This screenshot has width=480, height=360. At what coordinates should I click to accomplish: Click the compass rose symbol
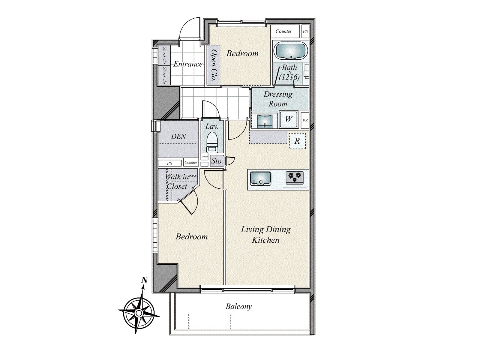pos(139,313)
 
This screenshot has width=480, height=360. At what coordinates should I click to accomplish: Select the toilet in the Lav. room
pos(212,142)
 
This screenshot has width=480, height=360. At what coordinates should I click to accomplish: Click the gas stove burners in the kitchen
pos(294,177)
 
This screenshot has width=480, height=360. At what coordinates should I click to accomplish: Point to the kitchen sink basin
pos(260,179)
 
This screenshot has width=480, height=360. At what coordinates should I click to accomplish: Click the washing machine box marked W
pos(288,119)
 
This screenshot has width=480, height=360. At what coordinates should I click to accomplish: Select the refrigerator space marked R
pos(297,141)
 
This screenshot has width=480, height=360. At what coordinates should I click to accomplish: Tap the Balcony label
pos(238,307)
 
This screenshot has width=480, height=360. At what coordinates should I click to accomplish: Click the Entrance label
pos(188,64)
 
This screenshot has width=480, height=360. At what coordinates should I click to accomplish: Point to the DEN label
pos(178,136)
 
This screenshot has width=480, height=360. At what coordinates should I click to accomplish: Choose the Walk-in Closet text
pos(177,181)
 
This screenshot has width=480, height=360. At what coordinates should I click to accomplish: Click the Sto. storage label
pos(217,161)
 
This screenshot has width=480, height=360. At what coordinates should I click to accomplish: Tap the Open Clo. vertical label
pos(214,66)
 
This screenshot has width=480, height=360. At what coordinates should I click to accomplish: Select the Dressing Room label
pos(278,99)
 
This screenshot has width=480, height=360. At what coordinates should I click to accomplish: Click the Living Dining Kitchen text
pos(266,235)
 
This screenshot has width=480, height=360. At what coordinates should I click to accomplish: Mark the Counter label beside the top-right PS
pos(283,31)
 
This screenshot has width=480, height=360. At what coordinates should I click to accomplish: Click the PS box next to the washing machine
pos(305,121)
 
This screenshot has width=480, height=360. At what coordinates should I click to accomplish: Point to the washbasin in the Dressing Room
pos(265,121)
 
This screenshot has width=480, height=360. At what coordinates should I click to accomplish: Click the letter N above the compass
pos(145,280)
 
